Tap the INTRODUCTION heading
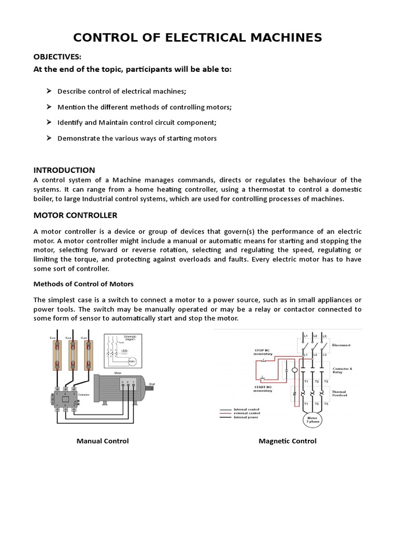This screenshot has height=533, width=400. click(64, 170)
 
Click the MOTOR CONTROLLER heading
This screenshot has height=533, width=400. click(75, 215)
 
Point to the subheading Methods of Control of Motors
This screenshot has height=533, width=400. click(83, 284)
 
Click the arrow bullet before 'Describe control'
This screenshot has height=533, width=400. click(48, 91)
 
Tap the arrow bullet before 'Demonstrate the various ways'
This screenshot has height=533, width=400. click(48, 138)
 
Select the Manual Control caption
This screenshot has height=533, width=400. click(103, 441)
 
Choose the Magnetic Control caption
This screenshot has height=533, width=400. click(287, 441)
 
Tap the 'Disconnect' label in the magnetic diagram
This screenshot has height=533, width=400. click(341, 345)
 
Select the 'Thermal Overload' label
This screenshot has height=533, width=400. click(340, 394)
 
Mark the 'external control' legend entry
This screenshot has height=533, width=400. click(247, 413)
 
